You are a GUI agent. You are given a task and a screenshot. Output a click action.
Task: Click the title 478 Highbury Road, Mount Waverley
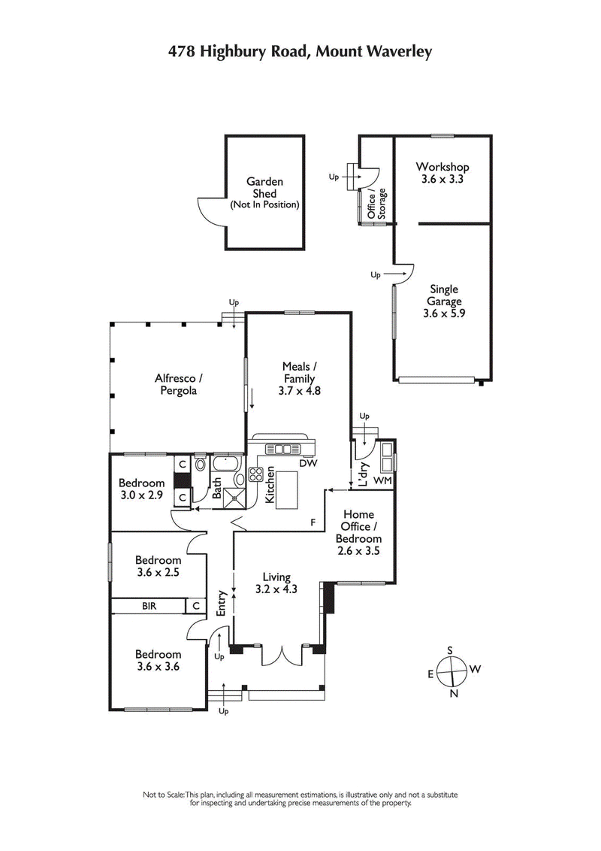pyautogui.click(x=300, y=50)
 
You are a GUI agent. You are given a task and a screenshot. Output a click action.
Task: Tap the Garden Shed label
pyautogui.click(x=264, y=192)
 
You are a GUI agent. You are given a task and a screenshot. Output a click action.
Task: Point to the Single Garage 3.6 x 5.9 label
pyautogui.click(x=444, y=301)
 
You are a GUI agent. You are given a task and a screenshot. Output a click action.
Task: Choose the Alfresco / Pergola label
pyautogui.click(x=179, y=384)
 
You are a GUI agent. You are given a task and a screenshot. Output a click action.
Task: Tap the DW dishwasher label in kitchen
pyautogui.click(x=308, y=464)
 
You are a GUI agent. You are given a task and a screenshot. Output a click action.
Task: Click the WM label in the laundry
pyautogui.click(x=382, y=480)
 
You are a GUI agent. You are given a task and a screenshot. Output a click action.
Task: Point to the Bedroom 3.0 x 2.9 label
pyautogui.click(x=142, y=489)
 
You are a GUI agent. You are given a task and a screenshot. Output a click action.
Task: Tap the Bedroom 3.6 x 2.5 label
pyautogui.click(x=158, y=566)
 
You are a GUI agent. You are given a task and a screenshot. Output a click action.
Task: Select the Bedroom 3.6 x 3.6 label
pyautogui.click(x=158, y=660)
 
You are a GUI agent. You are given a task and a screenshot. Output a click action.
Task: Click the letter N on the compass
pyautogui.click(x=454, y=692)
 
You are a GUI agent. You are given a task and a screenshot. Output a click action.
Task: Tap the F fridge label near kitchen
pyautogui.click(x=313, y=521)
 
